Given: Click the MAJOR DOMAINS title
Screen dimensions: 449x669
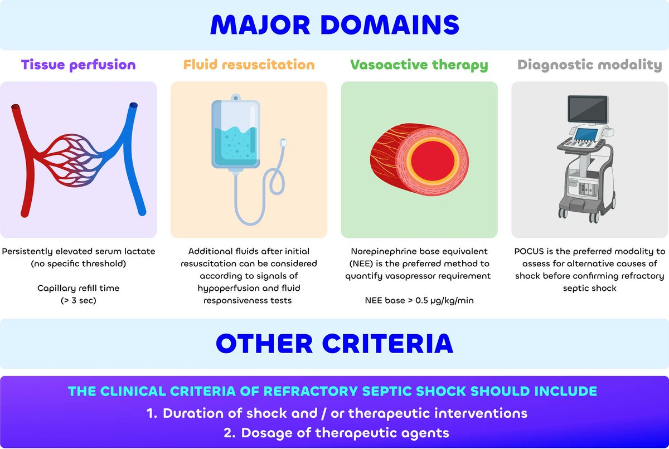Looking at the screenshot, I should click(334, 25).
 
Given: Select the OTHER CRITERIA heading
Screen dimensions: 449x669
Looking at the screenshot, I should click(334, 344).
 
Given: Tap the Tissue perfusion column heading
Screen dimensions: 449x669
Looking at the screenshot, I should click(79, 65).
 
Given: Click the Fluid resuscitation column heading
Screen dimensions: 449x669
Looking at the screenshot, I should click(249, 65).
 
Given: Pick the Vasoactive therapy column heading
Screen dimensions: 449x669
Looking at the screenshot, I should click(419, 65).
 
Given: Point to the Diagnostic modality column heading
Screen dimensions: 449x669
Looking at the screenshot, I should click(589, 65).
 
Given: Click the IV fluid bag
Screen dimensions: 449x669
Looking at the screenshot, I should click(236, 134).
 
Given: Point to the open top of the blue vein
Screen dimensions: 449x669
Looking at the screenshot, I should click(133, 105).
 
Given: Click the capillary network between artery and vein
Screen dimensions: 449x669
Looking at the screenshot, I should click(78, 159).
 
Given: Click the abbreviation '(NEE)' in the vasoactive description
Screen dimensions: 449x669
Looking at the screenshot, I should click(362, 263).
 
